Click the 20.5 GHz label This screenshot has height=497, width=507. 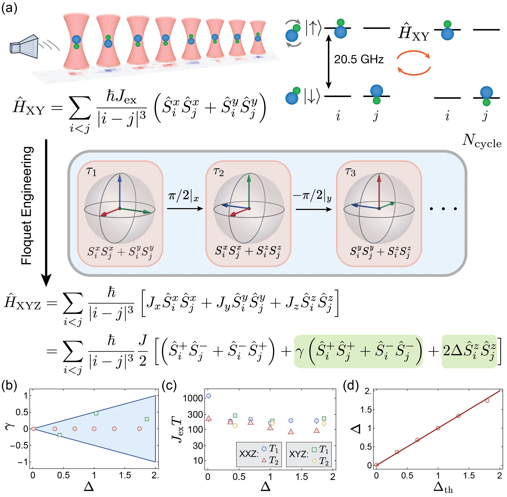pos(359,60)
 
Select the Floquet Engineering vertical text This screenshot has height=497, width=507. pos(27,206)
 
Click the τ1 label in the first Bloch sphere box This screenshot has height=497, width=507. pos(91,172)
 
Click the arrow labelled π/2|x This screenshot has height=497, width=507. pos(185,209)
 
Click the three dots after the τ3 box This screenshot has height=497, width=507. pos(443,209)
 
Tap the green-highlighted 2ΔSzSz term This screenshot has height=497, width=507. pos(469,351)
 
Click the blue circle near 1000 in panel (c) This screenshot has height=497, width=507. pos(208,396)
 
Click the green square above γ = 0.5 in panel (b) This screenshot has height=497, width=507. pos(96,413)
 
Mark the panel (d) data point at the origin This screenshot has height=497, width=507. pos(376,465)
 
